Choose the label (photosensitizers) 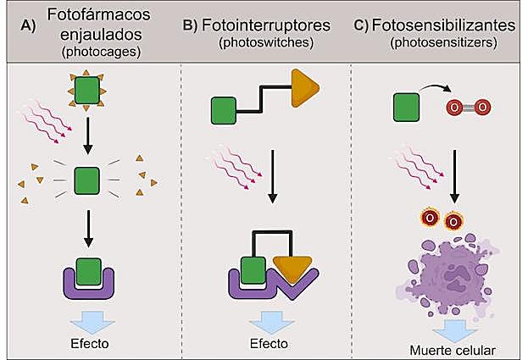(444, 42)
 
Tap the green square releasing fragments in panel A (86, 180)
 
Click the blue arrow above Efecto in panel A (86, 319)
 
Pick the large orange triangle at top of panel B (306, 87)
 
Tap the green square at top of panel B (223, 110)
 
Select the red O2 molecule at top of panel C (469, 108)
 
